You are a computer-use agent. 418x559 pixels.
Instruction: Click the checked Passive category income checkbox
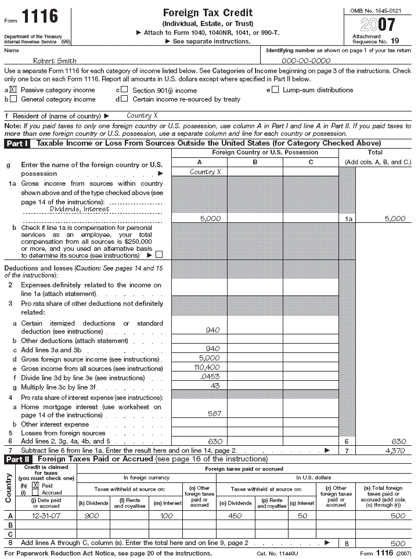13,90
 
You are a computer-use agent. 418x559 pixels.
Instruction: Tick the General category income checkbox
13,99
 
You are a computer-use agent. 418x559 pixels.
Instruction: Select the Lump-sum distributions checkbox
275,90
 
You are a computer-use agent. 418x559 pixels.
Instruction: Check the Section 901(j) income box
124,90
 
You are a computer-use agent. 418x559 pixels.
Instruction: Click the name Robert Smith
55,61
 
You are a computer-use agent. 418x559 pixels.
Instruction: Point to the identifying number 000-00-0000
306,61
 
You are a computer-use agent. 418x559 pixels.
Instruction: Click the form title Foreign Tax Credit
207,13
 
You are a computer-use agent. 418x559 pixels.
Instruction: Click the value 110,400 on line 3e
206,368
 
